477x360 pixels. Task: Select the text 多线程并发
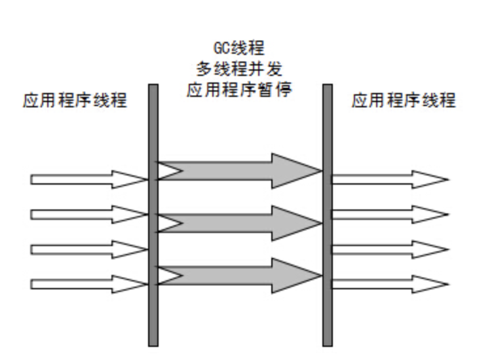pyautogui.click(x=238, y=69)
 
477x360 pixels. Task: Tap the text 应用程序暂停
pyautogui.click(x=238, y=89)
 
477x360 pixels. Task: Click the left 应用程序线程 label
pyautogui.click(x=75, y=101)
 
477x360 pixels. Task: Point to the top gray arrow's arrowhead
pyautogui.click(x=298, y=170)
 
